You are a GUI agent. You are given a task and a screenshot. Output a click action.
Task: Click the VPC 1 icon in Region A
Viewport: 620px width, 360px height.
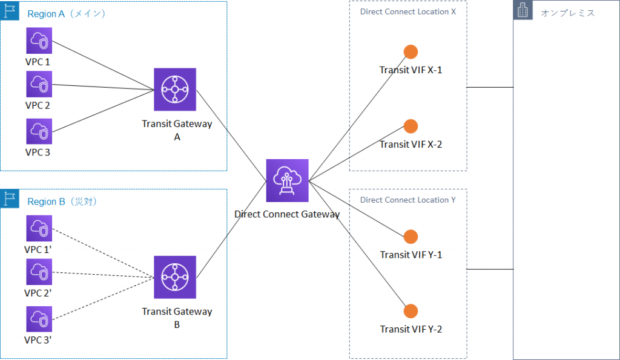39,41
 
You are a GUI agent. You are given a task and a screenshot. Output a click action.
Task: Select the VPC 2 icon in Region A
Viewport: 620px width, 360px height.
39,84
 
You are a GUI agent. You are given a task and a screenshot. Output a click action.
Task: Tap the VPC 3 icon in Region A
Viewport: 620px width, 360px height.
39,131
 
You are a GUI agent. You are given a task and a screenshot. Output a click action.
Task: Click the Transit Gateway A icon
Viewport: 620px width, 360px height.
175,90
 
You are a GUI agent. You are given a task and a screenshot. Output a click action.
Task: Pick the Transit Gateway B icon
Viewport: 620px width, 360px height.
175,277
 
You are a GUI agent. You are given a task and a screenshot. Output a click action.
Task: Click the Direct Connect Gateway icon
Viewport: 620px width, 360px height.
288,180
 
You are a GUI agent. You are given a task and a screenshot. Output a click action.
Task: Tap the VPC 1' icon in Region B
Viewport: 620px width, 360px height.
39,228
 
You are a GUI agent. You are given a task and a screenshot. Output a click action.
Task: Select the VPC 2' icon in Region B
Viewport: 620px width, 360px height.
39,272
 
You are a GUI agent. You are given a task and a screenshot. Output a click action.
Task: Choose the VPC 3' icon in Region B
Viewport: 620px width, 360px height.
39,319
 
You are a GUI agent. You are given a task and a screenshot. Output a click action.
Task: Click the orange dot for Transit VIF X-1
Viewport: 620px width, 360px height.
411,52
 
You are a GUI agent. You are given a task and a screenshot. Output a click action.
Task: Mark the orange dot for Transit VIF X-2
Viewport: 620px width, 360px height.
411,126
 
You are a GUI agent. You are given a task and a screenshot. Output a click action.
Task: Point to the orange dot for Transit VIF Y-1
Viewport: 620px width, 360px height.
411,237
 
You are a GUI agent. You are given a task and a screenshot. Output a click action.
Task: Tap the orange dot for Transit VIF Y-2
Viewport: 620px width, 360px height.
411,311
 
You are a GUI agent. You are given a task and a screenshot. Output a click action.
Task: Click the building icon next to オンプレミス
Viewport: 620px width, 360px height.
523,10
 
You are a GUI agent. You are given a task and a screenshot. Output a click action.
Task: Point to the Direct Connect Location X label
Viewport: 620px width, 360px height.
407,12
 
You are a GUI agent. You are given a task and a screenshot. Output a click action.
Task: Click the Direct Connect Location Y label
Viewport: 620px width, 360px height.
407,200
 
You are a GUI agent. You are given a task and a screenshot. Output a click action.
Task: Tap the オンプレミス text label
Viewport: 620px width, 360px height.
568,13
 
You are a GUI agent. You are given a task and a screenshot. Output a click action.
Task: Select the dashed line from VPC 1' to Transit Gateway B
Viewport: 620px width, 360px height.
103,254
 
